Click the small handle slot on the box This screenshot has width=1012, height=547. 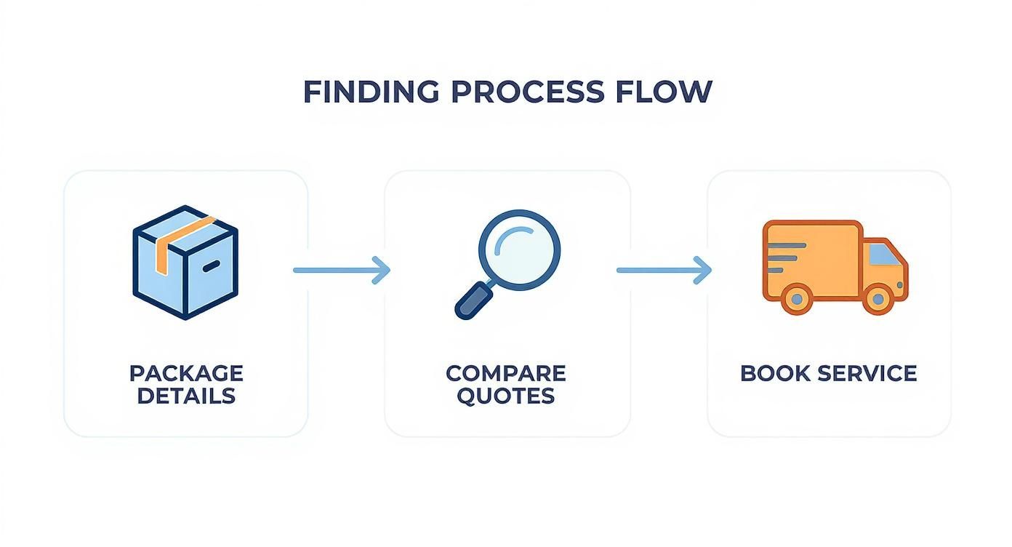[211, 267]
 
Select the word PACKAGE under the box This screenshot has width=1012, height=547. [186, 373]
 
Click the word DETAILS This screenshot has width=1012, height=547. [186, 396]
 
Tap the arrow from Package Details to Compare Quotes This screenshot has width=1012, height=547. [341, 270]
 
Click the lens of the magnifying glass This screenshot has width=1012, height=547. [519, 250]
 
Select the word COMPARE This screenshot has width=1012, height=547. [506, 373]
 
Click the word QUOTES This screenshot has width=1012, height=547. [506, 396]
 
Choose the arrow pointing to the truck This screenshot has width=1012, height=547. [663, 270]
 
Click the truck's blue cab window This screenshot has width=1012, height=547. [883, 254]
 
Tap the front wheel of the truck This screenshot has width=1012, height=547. [879, 298]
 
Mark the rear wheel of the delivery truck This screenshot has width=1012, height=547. [798, 298]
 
